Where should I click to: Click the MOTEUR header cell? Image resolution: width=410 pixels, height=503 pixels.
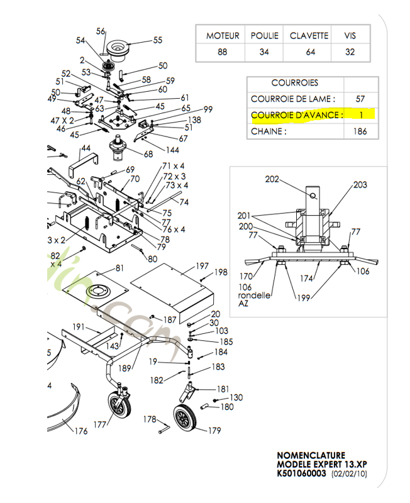coord(222,36)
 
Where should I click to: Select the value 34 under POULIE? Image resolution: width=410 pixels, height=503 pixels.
coord(263,52)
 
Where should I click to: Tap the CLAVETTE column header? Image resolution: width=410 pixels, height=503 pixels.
coord(309,36)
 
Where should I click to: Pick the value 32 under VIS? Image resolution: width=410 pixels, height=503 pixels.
coord(350,52)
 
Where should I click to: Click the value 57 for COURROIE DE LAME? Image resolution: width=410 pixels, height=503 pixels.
coord(360,99)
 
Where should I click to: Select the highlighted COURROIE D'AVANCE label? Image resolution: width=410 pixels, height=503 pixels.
coord(297,115)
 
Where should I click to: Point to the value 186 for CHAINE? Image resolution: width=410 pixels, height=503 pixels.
coord(360,131)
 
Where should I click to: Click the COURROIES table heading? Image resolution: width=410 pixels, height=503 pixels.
coord(294,82)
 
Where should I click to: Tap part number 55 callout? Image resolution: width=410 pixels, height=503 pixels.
coord(157,40)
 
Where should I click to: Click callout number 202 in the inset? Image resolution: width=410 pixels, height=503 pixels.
coord(272,179)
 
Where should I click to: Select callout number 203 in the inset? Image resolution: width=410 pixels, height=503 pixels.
coord(360,185)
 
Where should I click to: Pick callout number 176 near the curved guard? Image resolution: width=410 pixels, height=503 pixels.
coord(81,431)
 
